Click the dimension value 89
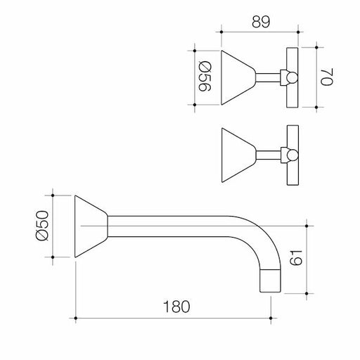tap(261, 22)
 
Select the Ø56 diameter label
tap(205, 76)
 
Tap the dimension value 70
tap(327, 77)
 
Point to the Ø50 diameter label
tap(42, 226)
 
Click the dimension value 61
tap(296, 257)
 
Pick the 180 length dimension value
tap(176, 307)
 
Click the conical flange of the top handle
tap(238, 77)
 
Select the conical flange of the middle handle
tap(238, 155)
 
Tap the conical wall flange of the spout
tap(91, 226)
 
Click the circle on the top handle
tap(292, 77)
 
